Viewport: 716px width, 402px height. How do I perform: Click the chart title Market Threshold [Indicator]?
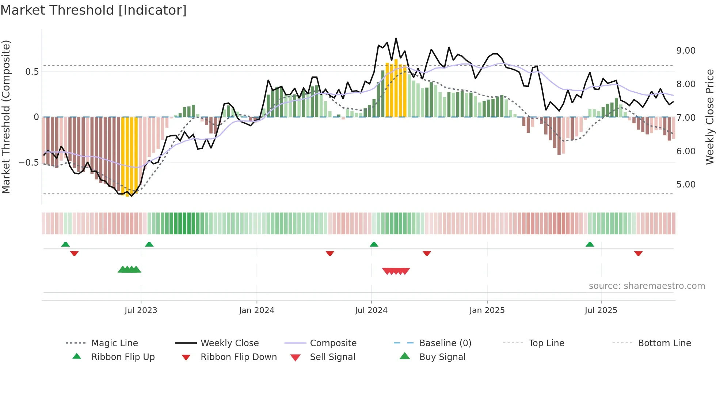pos(94,10)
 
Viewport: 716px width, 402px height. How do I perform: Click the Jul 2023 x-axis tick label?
pos(141,310)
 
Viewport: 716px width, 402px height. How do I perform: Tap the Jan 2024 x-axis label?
pos(256,310)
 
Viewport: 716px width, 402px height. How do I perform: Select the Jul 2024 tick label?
pos(371,310)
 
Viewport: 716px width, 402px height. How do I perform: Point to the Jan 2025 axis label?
pos(487,310)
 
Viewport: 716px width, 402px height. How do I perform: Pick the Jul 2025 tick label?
pos(601,310)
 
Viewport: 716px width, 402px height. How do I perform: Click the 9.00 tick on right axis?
pos(686,51)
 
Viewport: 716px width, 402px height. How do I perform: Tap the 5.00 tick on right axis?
pos(686,185)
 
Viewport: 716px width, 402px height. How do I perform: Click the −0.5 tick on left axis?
pos(29,162)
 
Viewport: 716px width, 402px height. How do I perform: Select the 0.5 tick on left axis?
pos(32,72)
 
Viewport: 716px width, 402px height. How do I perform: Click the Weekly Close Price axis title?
pos(709,117)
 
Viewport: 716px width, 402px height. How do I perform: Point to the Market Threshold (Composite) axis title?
pos(6,117)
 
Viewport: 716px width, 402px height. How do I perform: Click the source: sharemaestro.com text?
pos(647,286)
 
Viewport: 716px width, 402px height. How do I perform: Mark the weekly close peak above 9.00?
pos(396,38)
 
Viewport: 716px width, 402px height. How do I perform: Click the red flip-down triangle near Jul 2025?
pos(638,253)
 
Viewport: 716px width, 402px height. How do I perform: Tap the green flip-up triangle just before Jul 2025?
pos(590,244)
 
